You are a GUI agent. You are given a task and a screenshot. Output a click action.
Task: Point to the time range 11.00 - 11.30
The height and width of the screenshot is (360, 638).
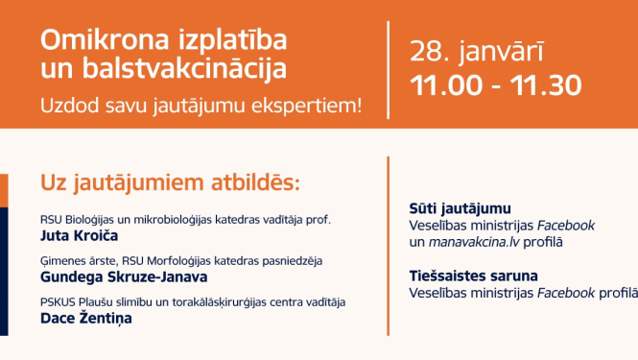(x=495, y=85)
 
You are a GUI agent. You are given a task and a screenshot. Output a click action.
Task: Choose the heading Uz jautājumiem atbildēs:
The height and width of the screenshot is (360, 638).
(x=170, y=182)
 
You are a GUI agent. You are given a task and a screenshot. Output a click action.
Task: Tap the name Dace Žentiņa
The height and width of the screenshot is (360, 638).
(x=86, y=319)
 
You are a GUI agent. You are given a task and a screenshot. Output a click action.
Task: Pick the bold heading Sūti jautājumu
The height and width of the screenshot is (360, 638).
(x=460, y=208)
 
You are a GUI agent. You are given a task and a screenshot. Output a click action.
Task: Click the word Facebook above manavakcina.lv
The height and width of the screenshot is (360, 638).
(x=566, y=226)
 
